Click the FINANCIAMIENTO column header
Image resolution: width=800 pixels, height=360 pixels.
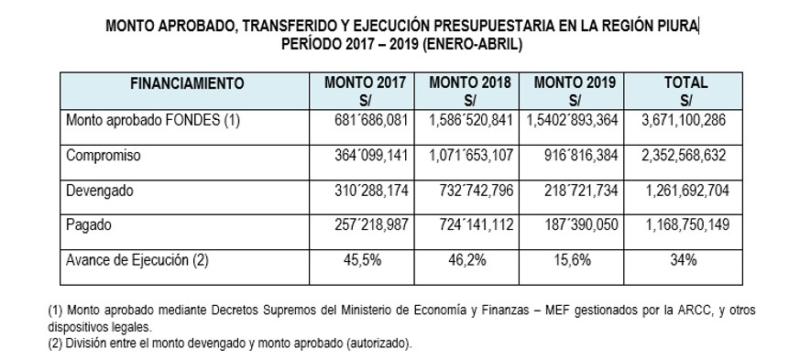pyautogui.click(x=187, y=83)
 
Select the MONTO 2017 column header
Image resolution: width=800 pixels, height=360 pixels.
pyautogui.click(x=366, y=91)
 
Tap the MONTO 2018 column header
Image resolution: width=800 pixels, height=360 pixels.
pyautogui.click(x=470, y=91)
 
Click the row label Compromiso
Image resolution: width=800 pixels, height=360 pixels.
pyautogui.click(x=103, y=156)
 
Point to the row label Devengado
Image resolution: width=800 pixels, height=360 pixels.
pyautogui.click(x=100, y=191)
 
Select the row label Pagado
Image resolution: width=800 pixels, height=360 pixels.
pyautogui.click(x=88, y=225)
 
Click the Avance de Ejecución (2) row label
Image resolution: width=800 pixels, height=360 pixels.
pyautogui.click(x=137, y=260)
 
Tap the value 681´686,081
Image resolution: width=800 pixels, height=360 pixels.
pyautogui.click(x=371, y=120)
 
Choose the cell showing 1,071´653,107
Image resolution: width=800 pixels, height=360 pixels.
pyautogui.click(x=470, y=156)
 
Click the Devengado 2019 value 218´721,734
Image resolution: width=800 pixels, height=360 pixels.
pyautogui.click(x=581, y=191)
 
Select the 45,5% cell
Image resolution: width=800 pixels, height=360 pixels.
pyautogui.click(x=362, y=260)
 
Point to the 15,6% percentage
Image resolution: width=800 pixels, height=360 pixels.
pyautogui.click(x=572, y=260)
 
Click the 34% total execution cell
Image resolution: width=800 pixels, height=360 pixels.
pyautogui.click(x=684, y=260)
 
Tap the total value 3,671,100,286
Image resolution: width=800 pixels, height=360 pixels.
pyautogui.click(x=684, y=120)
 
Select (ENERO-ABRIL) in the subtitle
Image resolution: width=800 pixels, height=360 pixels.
pyautogui.click(x=472, y=44)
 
